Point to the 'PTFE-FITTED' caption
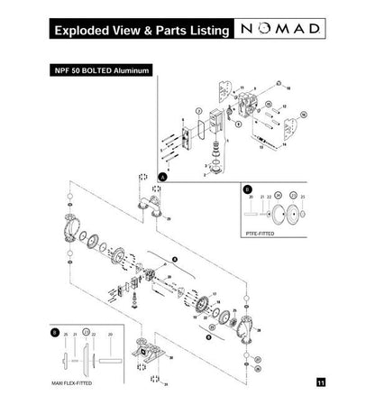261,233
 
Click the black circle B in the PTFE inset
248,190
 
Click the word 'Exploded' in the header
84,30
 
